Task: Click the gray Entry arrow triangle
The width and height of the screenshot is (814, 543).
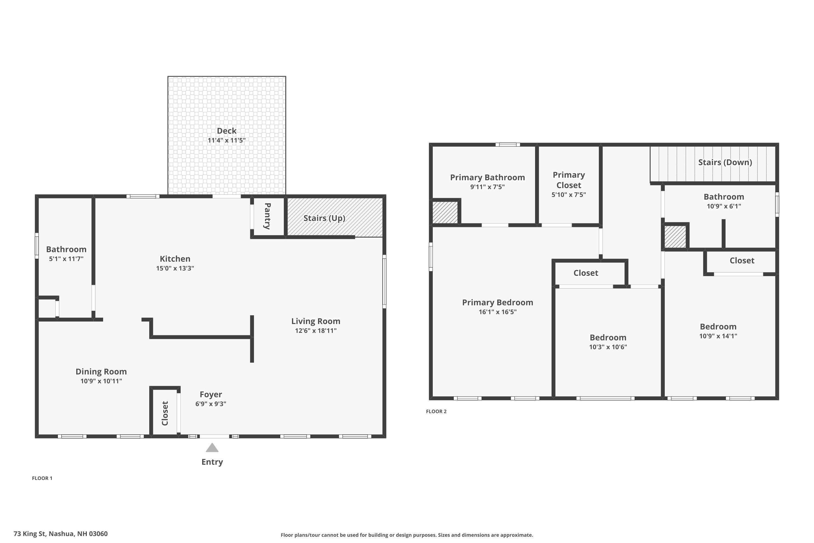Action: pyautogui.click(x=212, y=448)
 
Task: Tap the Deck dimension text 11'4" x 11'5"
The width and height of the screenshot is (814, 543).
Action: pyautogui.click(x=227, y=140)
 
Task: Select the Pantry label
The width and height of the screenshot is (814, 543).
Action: pyautogui.click(x=267, y=216)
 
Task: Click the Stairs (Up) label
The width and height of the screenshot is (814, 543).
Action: pyautogui.click(x=324, y=218)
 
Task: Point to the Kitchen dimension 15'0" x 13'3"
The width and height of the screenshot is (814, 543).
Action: pyautogui.click(x=175, y=269)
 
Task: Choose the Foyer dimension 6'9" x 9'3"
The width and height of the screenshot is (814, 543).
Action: pyautogui.click(x=211, y=404)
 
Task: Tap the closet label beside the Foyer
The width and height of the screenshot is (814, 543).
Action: pyautogui.click(x=165, y=413)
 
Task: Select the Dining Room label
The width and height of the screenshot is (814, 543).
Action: pyautogui.click(x=101, y=372)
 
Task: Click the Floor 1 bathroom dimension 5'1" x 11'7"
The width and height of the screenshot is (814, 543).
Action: pyautogui.click(x=66, y=259)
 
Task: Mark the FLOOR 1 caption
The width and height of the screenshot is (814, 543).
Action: pyautogui.click(x=42, y=478)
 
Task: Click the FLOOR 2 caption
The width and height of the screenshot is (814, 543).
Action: pyautogui.click(x=436, y=411)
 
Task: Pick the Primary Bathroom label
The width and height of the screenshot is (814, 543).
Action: pyautogui.click(x=487, y=177)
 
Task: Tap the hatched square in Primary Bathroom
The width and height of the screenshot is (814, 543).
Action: pyautogui.click(x=445, y=212)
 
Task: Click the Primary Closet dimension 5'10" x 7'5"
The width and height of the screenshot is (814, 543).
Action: pyautogui.click(x=569, y=195)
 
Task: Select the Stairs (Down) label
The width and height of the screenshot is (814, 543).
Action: pyautogui.click(x=725, y=162)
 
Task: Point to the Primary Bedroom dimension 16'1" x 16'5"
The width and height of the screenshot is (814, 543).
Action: pyautogui.click(x=498, y=312)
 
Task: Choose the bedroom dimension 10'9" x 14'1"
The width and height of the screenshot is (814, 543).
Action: pyautogui.click(x=718, y=336)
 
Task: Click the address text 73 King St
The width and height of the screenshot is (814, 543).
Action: pyautogui.click(x=61, y=534)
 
